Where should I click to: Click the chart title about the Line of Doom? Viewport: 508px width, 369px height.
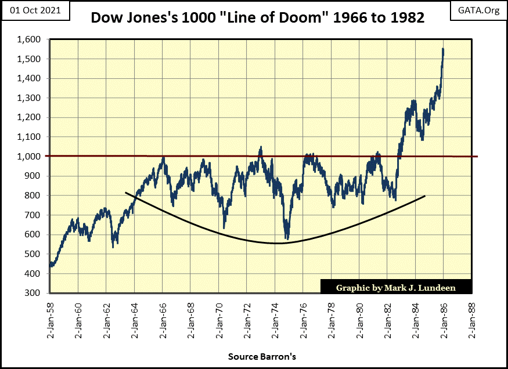click(x=257, y=18)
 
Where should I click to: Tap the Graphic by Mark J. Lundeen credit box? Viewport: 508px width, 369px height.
click(x=396, y=287)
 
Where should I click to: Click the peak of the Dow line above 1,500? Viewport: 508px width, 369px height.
click(x=443, y=50)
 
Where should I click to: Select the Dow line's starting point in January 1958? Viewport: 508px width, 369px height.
click(x=51, y=265)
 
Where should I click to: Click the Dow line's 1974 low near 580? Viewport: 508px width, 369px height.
click(x=286, y=237)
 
